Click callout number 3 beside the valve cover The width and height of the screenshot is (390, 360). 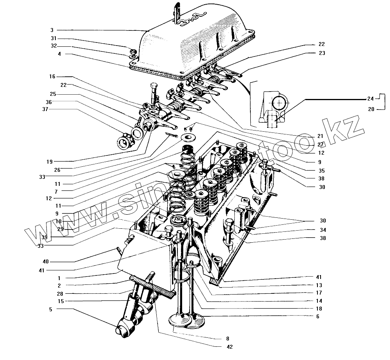click(x=51, y=30)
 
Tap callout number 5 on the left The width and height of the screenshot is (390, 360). click(x=50, y=309)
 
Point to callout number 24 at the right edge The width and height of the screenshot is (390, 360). click(x=370, y=99)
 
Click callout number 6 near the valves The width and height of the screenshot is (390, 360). click(x=318, y=316)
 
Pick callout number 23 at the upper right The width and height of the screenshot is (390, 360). click(x=321, y=53)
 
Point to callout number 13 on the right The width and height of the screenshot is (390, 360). click(x=319, y=285)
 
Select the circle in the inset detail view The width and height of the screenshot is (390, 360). click(x=280, y=104)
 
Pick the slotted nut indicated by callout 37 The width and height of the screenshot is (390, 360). click(x=126, y=142)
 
